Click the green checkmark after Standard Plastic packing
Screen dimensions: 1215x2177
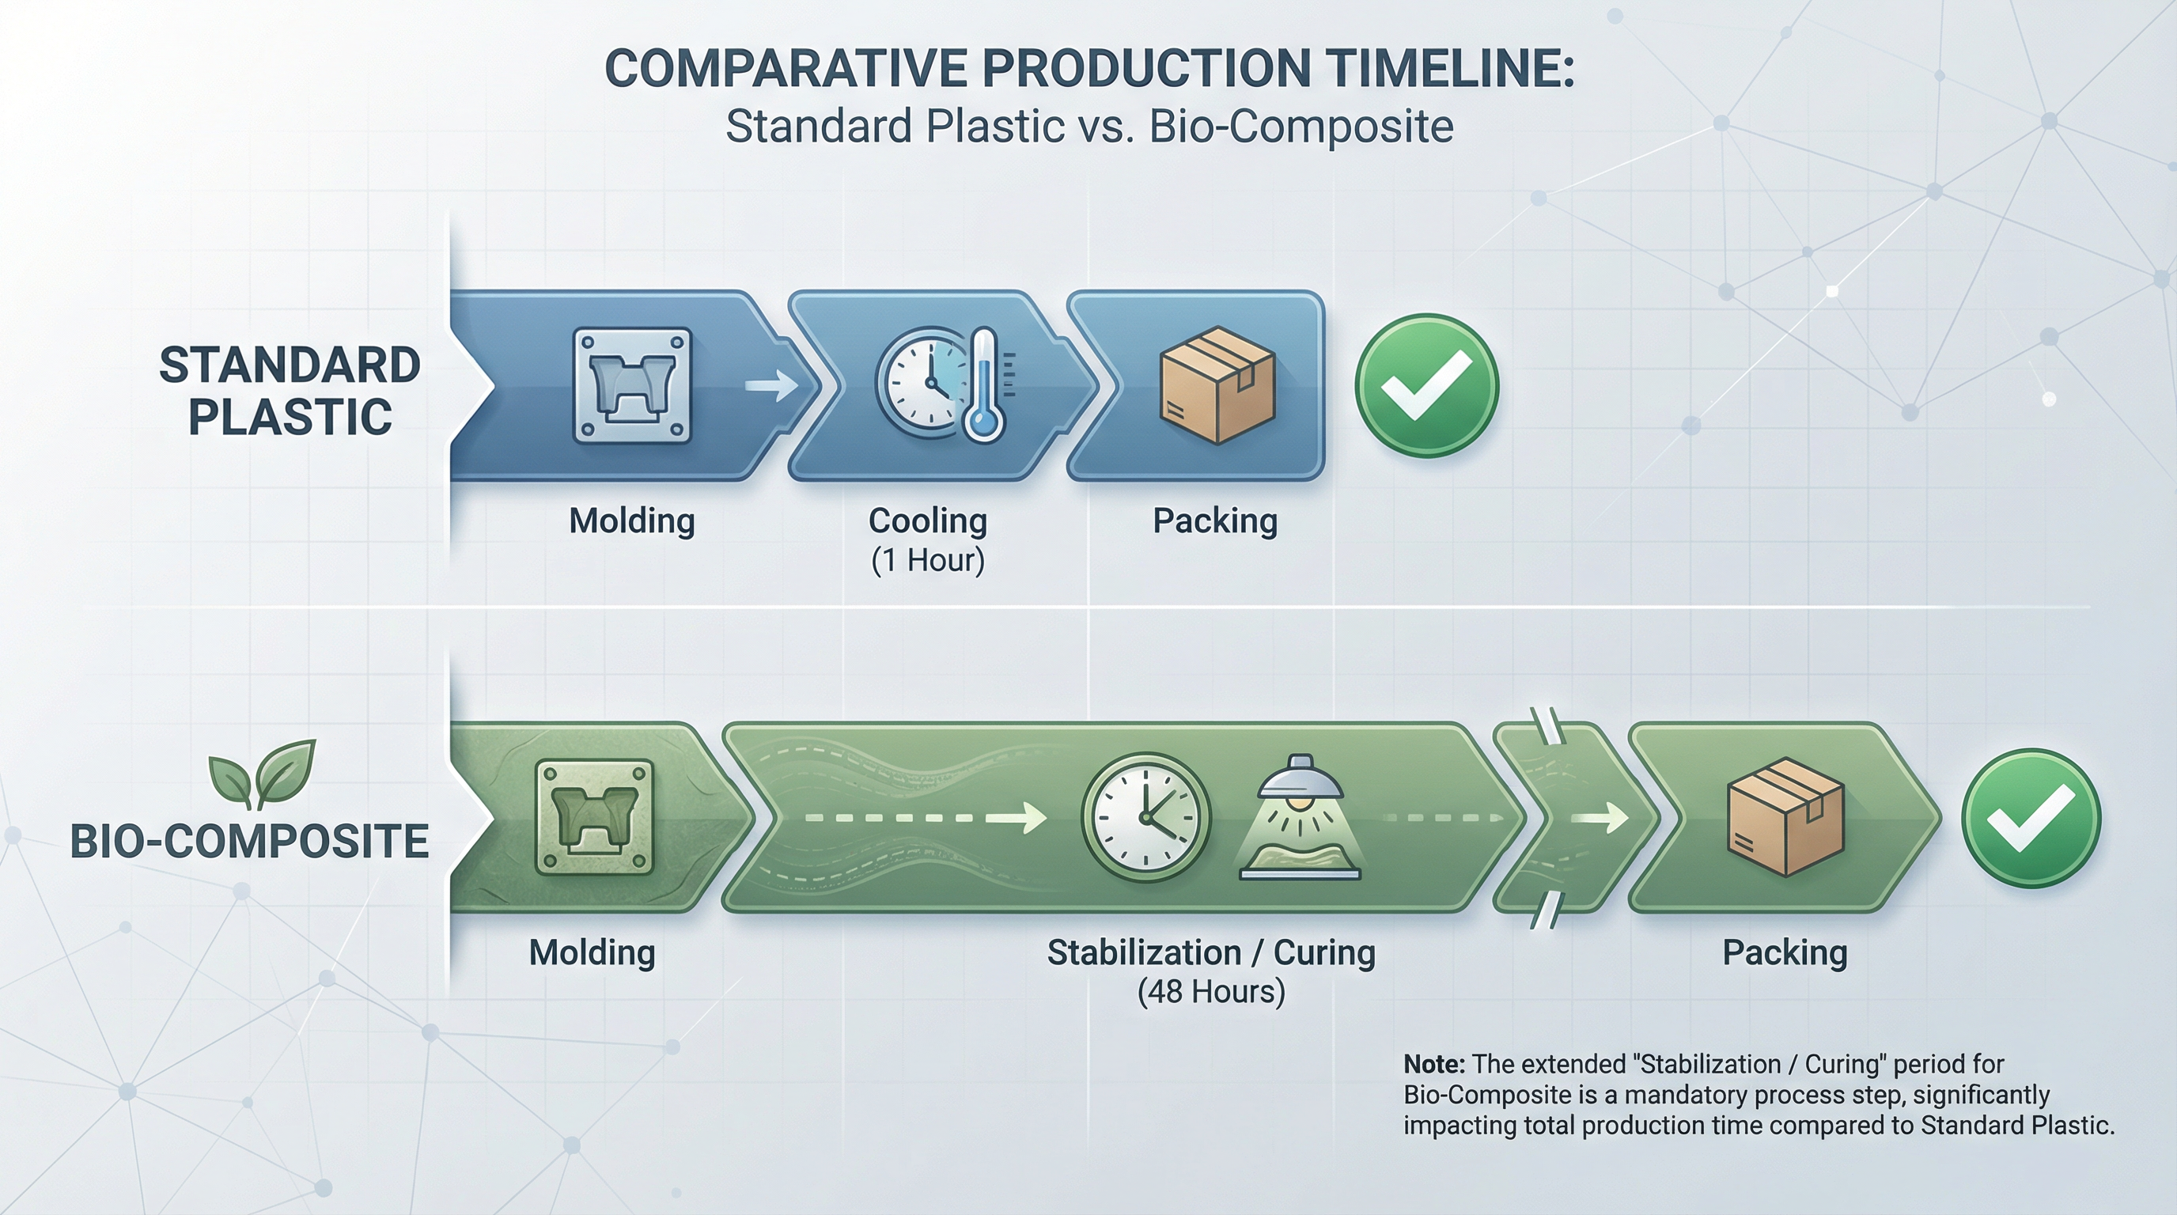click(x=1426, y=386)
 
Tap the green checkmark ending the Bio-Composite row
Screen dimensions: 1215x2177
click(x=2030, y=818)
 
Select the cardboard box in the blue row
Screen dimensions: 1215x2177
click(x=1217, y=385)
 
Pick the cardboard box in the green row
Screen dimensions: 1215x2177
click(x=1784, y=816)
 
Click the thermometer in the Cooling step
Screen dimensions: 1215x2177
click(x=982, y=385)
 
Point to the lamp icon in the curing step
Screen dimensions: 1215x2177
click(x=1300, y=816)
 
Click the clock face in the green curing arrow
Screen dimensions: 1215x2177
click(x=1145, y=817)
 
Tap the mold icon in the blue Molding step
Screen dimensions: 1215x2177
click(x=632, y=386)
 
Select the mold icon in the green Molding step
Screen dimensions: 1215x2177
click(x=594, y=817)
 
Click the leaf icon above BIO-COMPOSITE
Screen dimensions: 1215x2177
click(x=263, y=772)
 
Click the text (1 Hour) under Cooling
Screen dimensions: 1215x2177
click(x=928, y=560)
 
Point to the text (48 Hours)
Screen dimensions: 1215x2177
click(x=1210, y=991)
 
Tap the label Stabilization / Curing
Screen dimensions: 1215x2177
click(x=1210, y=952)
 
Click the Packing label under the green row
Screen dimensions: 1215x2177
click(x=1784, y=952)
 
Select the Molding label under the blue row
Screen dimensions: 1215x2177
click(x=631, y=520)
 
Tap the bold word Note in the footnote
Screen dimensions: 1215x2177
click(x=1434, y=1064)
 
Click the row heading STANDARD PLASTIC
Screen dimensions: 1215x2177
click(x=289, y=390)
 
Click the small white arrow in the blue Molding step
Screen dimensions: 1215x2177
click(x=770, y=385)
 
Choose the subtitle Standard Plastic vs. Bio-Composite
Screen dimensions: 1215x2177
click(x=1088, y=127)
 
